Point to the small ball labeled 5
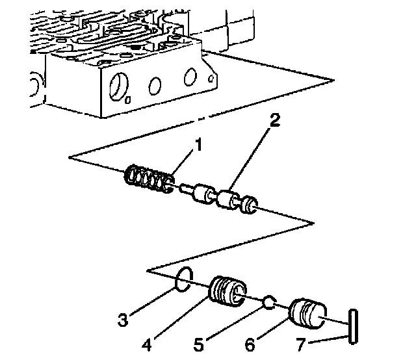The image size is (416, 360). point(269,302)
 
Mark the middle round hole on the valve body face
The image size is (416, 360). point(155,84)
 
